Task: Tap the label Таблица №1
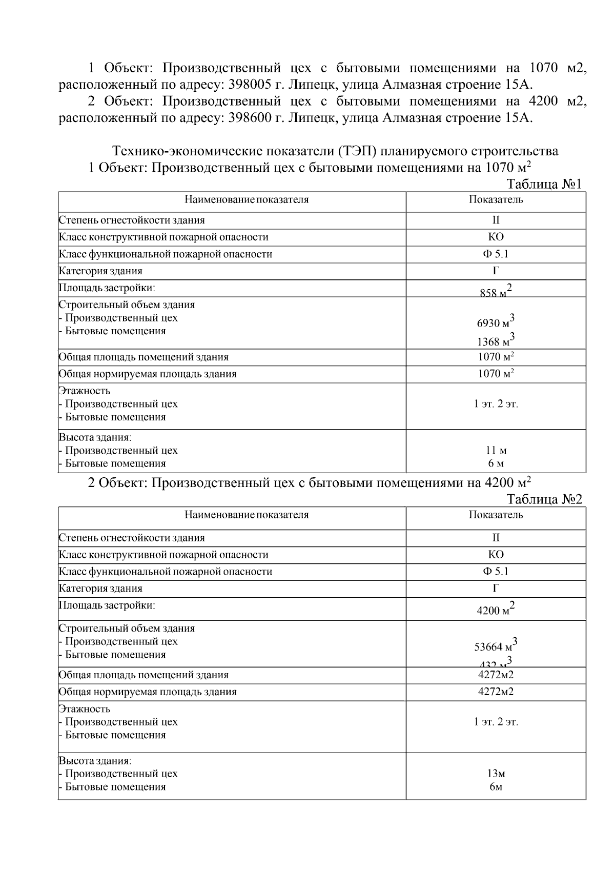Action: click(544, 184)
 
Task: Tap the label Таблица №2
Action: click(544, 499)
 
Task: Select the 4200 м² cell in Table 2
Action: click(496, 610)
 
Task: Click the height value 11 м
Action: click(496, 451)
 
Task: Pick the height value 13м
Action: click(496, 774)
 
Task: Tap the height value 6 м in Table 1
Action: click(496, 464)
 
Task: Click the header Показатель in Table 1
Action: click(496, 200)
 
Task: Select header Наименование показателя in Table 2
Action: click(247, 515)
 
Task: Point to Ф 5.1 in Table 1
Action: click(496, 254)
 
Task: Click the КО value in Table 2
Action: click(496, 555)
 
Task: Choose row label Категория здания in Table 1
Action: click(100, 271)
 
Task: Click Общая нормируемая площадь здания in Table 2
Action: click(148, 692)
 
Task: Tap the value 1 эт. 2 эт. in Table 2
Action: click(496, 722)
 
